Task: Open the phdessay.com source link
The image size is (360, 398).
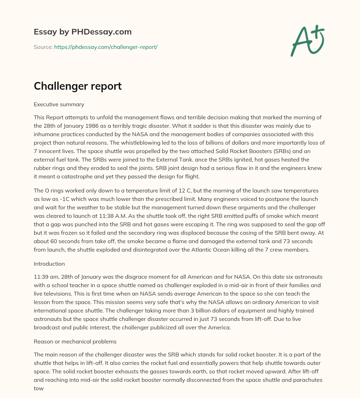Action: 105,47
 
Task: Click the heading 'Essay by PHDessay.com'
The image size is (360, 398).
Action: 83,32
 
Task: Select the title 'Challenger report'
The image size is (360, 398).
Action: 78,86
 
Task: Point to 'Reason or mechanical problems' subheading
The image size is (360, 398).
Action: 75,341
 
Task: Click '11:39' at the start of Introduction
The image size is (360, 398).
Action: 41,277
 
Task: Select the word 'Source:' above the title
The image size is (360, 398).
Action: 43,47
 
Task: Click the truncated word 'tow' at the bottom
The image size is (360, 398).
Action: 39,388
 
